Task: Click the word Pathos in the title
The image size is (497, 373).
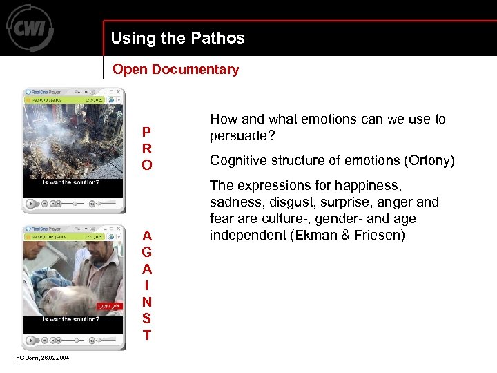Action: (x=220, y=38)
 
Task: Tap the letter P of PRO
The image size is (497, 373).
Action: (x=146, y=132)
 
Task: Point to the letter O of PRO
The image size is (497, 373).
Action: (x=147, y=165)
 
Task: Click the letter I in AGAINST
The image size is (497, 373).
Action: (x=147, y=285)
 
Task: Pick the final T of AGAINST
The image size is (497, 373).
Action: (x=147, y=336)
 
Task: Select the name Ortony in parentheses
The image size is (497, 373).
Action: (x=427, y=160)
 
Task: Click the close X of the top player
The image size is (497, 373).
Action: (x=119, y=92)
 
